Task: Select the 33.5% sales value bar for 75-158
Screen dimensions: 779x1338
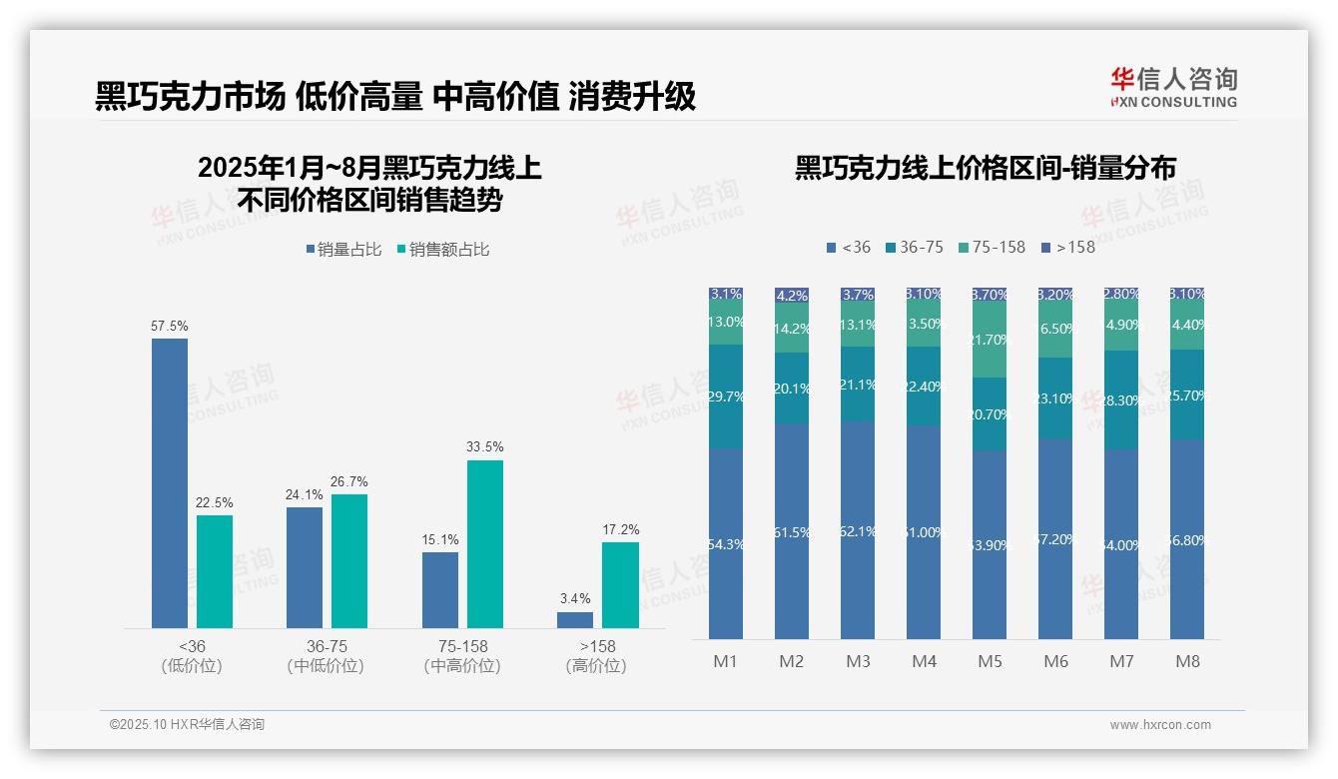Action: [484, 543]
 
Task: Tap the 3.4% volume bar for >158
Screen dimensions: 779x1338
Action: [575, 620]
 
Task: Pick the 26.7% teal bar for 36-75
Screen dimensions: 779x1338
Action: [349, 560]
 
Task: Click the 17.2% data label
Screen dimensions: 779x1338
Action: [620, 529]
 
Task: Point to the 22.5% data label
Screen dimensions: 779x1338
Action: [215, 502]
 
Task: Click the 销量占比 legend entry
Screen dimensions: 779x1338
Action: [344, 250]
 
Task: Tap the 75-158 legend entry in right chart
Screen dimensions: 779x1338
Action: [992, 247]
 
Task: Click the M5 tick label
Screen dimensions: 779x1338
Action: [990, 661]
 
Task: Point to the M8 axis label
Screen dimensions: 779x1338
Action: [1187, 661]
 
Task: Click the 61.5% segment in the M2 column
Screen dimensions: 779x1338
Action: [792, 531]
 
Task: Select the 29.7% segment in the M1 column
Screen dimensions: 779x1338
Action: [726, 396]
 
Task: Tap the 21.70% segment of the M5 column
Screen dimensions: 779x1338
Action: [990, 341]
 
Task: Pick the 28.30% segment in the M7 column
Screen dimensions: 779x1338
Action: [1121, 399]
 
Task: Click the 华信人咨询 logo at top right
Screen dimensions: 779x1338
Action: [1173, 88]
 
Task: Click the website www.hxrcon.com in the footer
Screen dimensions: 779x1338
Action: [1160, 725]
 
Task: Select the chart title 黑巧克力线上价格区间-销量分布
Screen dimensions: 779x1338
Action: [985, 168]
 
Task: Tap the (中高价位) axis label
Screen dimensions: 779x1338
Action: [462, 666]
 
